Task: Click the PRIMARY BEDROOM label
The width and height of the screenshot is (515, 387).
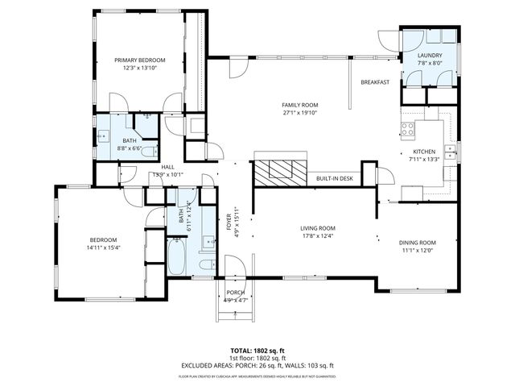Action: pos(139,60)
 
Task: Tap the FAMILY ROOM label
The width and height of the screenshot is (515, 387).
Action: pos(300,106)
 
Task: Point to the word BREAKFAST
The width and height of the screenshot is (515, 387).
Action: pos(375,82)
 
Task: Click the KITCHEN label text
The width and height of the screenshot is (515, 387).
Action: pos(424,152)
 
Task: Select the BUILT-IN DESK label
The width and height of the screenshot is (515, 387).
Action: pos(335,178)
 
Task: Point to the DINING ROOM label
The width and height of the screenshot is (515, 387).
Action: pos(417,243)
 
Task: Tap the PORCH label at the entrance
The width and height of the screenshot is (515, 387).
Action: pos(235,293)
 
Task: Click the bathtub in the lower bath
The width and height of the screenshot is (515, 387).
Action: pos(177,258)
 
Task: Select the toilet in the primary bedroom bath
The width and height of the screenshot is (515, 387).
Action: pos(146,118)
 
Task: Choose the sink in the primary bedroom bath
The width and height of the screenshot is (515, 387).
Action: pos(103,137)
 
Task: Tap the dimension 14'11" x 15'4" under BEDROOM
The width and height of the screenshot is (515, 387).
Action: pos(102,248)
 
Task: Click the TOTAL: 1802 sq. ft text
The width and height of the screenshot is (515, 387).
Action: pos(257,351)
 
